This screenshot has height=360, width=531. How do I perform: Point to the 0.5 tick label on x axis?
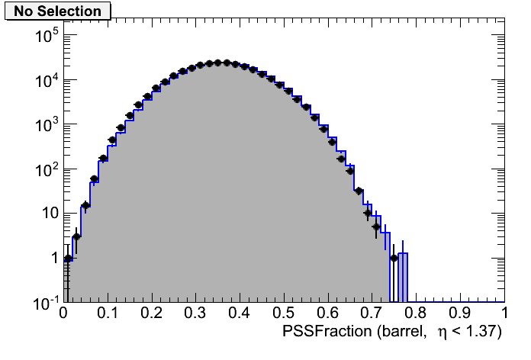click(x=283, y=313)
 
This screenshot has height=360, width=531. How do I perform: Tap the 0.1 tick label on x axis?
click(x=107, y=313)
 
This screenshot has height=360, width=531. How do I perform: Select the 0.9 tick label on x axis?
click(x=459, y=313)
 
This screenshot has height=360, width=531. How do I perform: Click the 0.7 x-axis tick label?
click(x=372, y=313)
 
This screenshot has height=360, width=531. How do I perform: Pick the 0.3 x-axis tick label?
click(x=195, y=313)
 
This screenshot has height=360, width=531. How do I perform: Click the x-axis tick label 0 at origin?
click(x=63, y=313)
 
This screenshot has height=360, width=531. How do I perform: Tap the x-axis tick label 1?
click(x=504, y=313)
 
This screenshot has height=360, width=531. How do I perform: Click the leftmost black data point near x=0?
click(x=68, y=258)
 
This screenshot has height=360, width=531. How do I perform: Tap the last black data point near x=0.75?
click(x=394, y=258)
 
